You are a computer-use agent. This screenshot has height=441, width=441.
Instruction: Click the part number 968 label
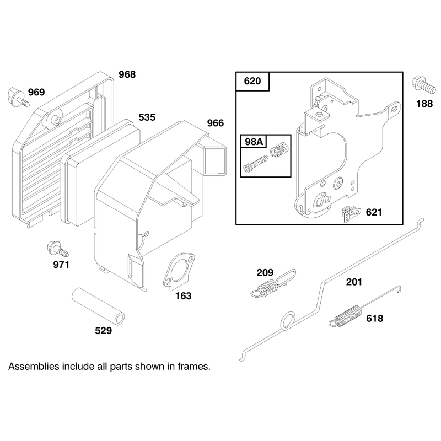[127, 74]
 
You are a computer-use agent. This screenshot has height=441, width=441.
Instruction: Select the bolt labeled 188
[423, 85]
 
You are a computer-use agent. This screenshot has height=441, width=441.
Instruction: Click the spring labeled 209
[272, 284]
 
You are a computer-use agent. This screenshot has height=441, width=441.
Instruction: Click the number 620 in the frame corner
[252, 81]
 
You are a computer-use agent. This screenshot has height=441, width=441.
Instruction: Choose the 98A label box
[254, 142]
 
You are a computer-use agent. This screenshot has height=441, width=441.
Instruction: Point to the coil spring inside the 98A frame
[279, 149]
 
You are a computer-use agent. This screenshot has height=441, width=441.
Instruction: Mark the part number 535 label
[147, 117]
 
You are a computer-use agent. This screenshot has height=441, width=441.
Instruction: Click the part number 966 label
[216, 123]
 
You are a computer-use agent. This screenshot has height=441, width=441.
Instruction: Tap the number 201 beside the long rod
[354, 282]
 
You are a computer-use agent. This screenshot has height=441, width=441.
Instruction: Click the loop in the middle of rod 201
[288, 320]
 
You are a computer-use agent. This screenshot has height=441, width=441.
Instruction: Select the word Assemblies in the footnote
[34, 367]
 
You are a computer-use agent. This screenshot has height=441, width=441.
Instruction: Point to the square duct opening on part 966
[216, 161]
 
